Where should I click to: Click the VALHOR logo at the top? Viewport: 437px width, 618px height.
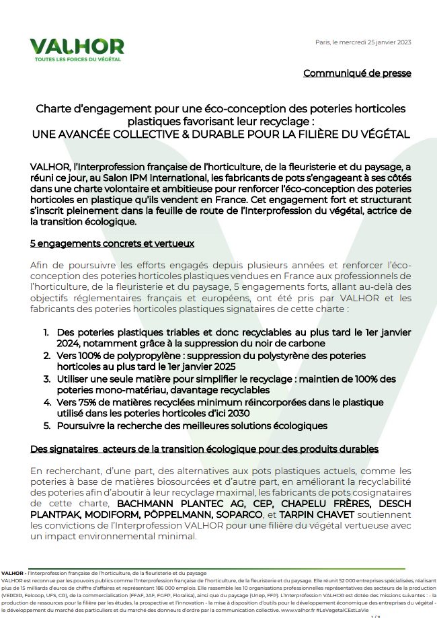coord(76,46)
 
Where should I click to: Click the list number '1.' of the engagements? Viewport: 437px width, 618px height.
coord(46,333)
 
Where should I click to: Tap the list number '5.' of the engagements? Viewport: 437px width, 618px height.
coord(46,426)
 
